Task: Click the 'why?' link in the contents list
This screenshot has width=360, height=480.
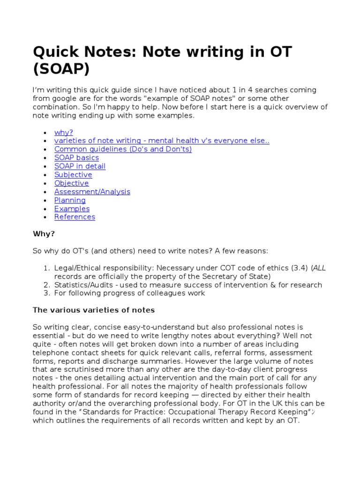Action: tap(64, 133)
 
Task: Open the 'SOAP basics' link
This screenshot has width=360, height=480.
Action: tap(76, 158)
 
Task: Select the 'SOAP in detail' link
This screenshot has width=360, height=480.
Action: tap(80, 166)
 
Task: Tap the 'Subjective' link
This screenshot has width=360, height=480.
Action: tap(73, 175)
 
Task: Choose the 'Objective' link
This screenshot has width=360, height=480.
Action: tap(71, 183)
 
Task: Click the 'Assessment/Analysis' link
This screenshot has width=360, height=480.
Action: tap(92, 192)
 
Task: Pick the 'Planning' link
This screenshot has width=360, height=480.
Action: tap(70, 200)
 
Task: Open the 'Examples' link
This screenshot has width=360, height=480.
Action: tap(72, 209)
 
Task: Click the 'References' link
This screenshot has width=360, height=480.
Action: tap(75, 217)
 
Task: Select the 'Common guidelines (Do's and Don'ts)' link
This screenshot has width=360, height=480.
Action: tap(123, 150)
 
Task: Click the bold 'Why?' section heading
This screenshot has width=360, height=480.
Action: tap(44, 234)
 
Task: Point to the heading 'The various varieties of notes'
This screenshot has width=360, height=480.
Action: tap(94, 310)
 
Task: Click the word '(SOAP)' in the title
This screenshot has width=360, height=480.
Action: tap(61, 69)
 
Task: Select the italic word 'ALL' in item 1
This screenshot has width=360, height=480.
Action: tap(319, 268)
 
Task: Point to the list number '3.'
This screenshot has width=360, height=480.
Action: tap(46, 293)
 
